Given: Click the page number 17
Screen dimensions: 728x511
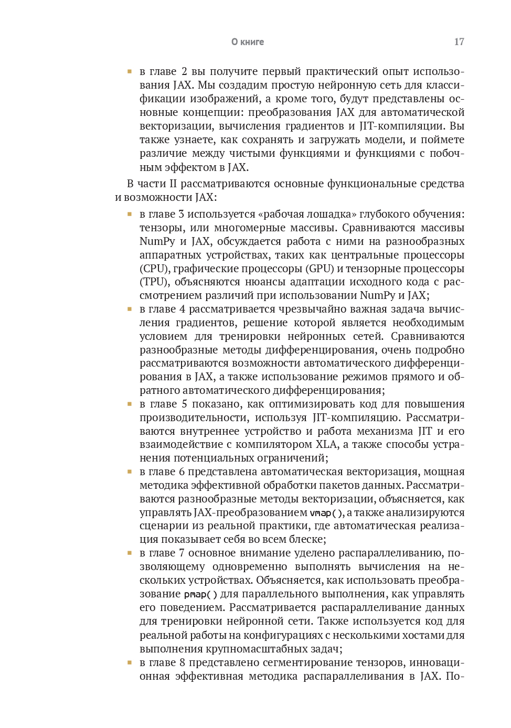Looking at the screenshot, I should point(459,42).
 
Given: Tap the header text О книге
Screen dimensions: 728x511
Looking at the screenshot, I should point(248,42).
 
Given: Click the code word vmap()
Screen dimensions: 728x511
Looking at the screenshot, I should point(326,513).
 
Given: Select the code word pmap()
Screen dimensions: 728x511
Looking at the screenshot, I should point(200,594).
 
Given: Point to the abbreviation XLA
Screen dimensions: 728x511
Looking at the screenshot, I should point(327,445).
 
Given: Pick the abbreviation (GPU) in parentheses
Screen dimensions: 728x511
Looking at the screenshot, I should point(320,269).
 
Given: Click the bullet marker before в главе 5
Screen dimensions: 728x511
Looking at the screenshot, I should point(129,404).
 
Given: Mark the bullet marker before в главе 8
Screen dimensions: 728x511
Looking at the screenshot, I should point(129,663).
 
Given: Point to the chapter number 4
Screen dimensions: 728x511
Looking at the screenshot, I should point(182,309).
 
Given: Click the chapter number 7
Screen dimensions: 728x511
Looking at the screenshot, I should point(182,553).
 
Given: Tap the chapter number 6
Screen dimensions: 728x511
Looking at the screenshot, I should point(182,472).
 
